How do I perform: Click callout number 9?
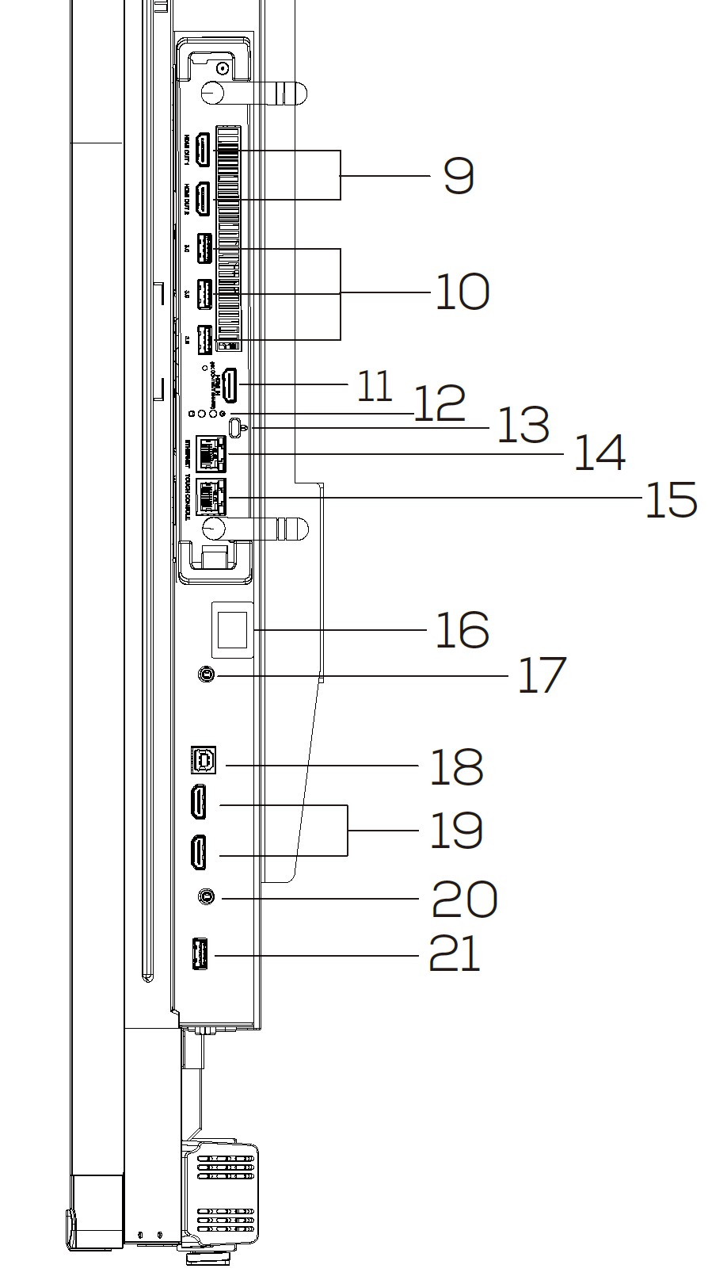tap(459, 176)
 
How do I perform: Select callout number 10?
tap(462, 292)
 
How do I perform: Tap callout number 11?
tap(375, 386)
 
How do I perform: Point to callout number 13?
tap(522, 426)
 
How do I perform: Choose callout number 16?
tap(462, 630)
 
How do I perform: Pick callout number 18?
tap(455, 766)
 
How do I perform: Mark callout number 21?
tap(455, 953)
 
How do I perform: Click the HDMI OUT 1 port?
tap(203, 150)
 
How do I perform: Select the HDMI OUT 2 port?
tap(203, 198)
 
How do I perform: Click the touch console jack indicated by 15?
tap(211, 497)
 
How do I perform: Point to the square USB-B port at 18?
tap(203, 759)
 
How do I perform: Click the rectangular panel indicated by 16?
tap(232, 629)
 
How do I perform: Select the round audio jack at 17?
tap(206, 674)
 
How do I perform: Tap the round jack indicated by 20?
tap(206, 897)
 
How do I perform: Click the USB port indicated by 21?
tap(200, 954)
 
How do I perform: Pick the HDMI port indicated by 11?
tap(230, 384)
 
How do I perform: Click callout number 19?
tap(455, 831)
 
